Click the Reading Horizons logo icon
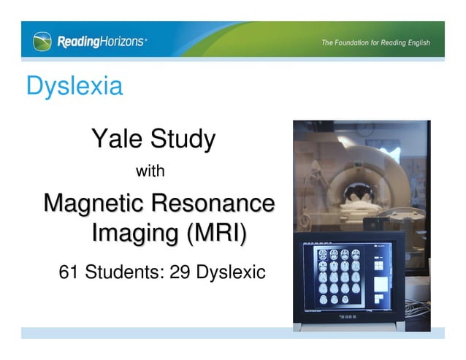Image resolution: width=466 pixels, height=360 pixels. click(x=42, y=42)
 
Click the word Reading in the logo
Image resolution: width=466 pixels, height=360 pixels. click(x=78, y=42)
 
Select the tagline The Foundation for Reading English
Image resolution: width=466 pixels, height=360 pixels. click(x=375, y=42)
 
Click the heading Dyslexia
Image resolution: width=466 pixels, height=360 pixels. click(x=74, y=86)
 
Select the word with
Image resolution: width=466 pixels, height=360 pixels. click(x=150, y=172)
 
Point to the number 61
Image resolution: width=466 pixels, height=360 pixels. click(x=69, y=273)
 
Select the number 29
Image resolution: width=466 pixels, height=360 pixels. click(x=180, y=273)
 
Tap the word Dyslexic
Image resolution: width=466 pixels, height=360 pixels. click(x=229, y=273)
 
